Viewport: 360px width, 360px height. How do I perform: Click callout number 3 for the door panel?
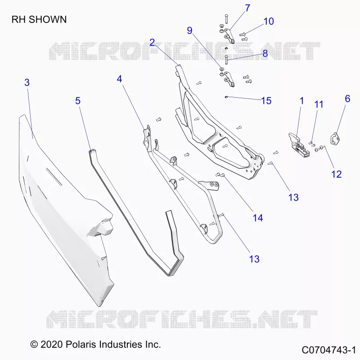(x=27, y=82)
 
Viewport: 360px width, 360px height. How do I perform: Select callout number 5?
(x=78, y=101)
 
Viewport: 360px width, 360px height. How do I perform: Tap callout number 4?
(x=119, y=79)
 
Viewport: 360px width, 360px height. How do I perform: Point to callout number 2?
(x=152, y=42)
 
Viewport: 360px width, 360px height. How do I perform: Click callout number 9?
(x=189, y=31)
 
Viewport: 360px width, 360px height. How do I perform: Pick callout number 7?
(x=247, y=8)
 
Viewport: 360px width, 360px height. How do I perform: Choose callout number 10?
(x=269, y=21)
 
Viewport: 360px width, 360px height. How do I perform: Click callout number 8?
(x=265, y=54)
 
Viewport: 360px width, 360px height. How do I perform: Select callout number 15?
(x=266, y=101)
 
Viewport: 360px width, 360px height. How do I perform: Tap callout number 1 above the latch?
(x=301, y=101)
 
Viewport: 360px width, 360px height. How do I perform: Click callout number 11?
(x=319, y=104)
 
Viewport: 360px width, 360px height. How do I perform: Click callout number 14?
(x=257, y=218)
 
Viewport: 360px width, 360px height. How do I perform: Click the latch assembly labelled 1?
(x=297, y=145)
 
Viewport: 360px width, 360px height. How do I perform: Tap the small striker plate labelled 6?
(x=335, y=139)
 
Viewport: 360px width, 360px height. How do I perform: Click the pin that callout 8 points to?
(x=226, y=60)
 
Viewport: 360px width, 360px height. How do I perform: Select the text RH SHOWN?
(x=39, y=19)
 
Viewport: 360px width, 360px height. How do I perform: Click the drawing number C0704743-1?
(x=329, y=350)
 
